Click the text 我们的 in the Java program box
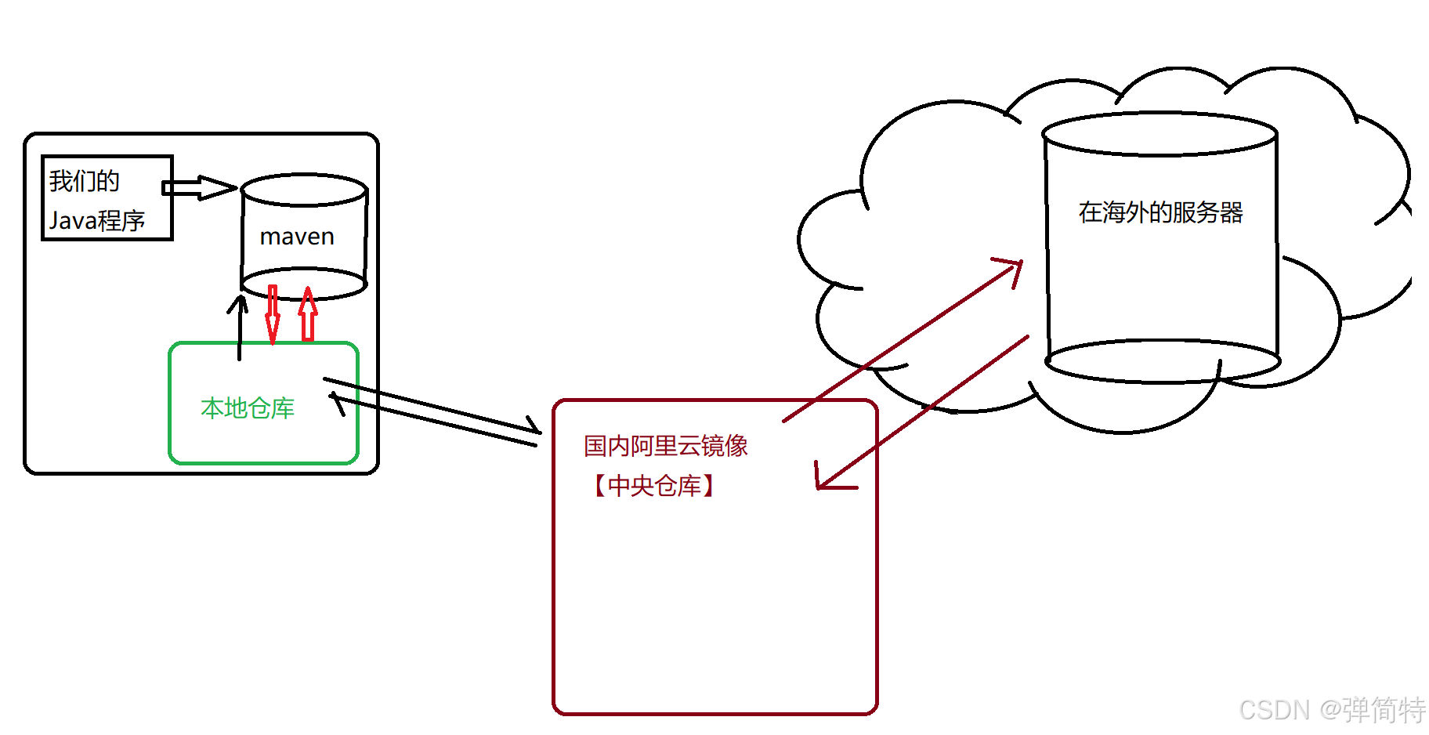click(x=84, y=181)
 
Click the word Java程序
click(x=97, y=220)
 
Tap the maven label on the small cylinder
click(x=297, y=237)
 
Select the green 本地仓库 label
click(x=248, y=407)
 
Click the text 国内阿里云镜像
click(x=665, y=446)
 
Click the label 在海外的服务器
click(x=1160, y=212)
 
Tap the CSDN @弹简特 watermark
click(x=1331, y=710)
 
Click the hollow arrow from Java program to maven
click(x=199, y=187)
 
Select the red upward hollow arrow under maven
click(x=309, y=313)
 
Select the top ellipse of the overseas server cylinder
click(x=1159, y=134)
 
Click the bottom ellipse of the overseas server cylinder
click(x=1163, y=361)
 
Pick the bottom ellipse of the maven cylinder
click(x=304, y=284)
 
